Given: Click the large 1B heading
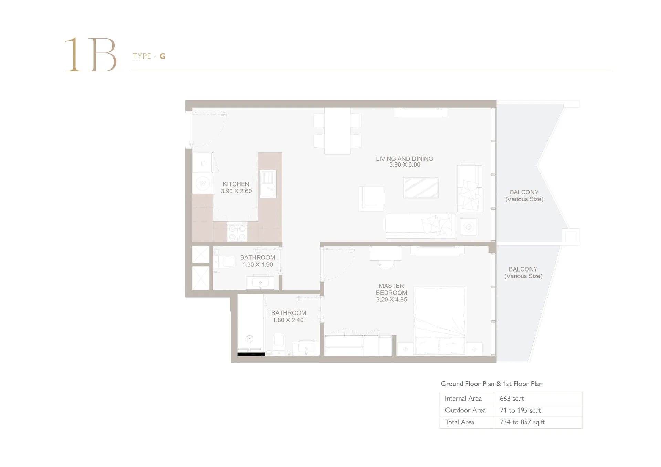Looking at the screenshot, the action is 91,54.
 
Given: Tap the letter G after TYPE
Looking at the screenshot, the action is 162,56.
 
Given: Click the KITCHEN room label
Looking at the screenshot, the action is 236,184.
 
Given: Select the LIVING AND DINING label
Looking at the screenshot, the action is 405,159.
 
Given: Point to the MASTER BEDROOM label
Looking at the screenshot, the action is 391,289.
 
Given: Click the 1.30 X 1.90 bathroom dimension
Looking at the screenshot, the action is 258,265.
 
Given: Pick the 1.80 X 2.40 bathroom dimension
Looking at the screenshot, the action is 288,320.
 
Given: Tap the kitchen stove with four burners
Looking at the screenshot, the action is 237,232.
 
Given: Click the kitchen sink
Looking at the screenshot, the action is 268,184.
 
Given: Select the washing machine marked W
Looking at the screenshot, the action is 202,183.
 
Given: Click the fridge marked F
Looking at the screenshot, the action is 202,163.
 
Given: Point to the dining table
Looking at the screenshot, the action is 337,131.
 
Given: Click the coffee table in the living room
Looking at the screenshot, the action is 421,188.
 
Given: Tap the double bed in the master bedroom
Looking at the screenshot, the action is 440,321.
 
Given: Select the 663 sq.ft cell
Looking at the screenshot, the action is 512,399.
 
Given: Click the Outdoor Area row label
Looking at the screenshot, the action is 465,410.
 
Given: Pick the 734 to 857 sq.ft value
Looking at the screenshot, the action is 522,422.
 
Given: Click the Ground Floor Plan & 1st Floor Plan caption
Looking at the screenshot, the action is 492,384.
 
